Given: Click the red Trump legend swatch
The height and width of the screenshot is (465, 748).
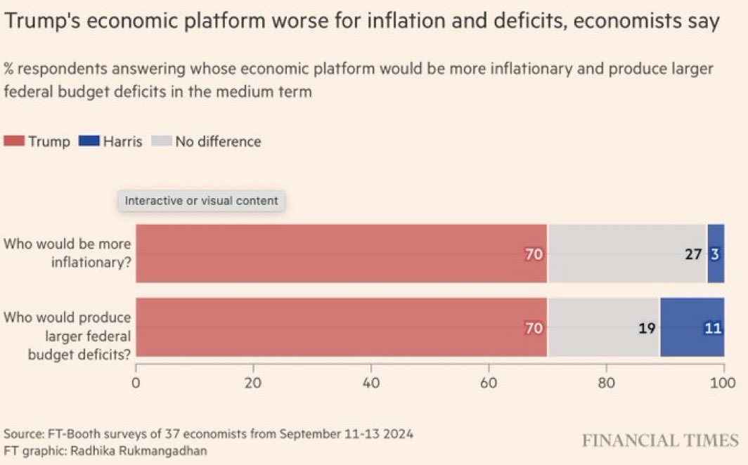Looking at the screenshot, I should click(x=14, y=141).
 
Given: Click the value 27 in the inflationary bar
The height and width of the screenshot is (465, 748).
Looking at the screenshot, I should click(x=693, y=254).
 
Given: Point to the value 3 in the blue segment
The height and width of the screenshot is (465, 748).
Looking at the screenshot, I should click(x=715, y=254).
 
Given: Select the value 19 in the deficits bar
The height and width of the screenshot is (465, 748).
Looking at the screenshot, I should click(x=646, y=327).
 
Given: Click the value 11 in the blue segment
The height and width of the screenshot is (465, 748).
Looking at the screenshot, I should click(x=713, y=327).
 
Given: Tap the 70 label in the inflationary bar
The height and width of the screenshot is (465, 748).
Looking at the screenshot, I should click(x=534, y=254).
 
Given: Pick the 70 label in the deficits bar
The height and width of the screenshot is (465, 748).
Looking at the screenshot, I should click(x=534, y=327).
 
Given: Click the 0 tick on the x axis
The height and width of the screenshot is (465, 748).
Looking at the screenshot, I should click(x=136, y=383).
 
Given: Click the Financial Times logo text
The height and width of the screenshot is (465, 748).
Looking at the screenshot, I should click(x=659, y=440).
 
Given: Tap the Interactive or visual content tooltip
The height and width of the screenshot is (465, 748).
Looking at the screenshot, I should click(x=201, y=200).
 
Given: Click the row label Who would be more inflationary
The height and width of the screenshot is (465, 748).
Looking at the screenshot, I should click(x=67, y=253).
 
